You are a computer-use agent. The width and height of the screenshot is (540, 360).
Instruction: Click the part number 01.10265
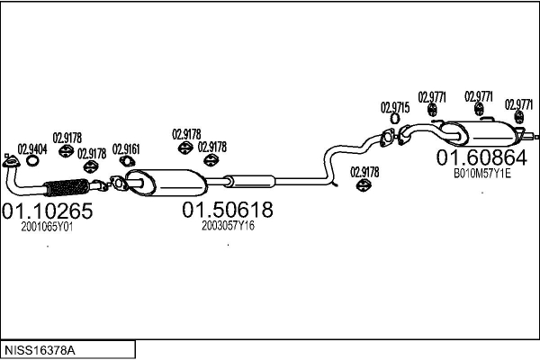point(48,211)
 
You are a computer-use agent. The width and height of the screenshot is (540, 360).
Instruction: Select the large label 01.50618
point(228,211)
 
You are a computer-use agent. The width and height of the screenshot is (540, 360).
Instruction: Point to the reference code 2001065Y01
point(47,228)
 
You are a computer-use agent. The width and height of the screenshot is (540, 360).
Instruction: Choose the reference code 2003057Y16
point(229,227)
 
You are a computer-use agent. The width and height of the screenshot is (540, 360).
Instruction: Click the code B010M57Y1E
point(481,174)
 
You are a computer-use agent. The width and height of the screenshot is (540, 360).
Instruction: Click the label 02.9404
point(32,148)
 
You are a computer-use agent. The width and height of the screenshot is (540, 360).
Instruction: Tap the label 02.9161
point(126,149)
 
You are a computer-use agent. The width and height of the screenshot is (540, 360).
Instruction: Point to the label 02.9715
point(395,107)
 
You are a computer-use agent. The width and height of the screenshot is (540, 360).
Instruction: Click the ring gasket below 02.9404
point(32,162)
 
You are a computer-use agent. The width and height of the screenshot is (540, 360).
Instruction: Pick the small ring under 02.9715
point(395,119)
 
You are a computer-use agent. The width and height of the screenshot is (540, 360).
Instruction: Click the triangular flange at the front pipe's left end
point(12,163)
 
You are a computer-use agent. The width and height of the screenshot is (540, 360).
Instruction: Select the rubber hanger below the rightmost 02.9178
point(364,185)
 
